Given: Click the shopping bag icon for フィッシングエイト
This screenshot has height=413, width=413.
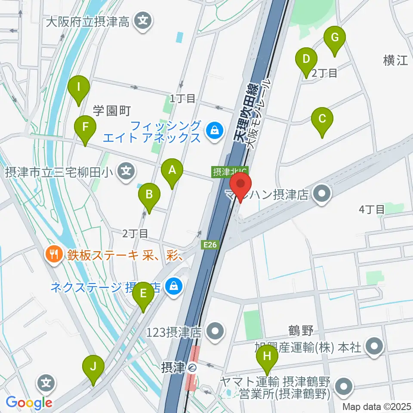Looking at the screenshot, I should [x=213, y=129].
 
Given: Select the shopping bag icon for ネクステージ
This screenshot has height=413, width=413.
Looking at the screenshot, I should [x=173, y=285].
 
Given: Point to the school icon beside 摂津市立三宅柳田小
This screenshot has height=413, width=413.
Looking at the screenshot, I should [x=126, y=170].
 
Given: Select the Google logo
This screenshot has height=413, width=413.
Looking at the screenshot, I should [x=29, y=402].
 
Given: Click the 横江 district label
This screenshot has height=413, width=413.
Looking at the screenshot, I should [x=395, y=61].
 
